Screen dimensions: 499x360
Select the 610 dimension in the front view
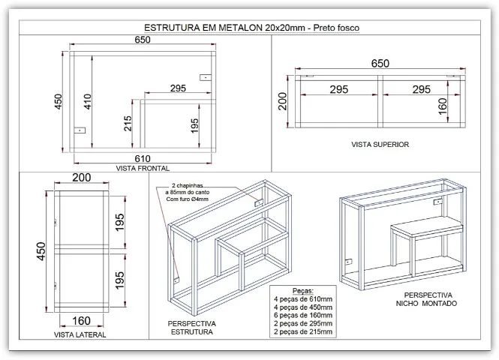(143, 158)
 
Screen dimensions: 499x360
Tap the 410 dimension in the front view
(88, 102)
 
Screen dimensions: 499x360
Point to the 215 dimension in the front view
(128, 124)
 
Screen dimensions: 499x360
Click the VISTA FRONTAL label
(143, 168)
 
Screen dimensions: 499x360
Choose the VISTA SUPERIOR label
(380, 145)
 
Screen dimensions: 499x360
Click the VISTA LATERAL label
(80, 334)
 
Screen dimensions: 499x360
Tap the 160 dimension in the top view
(443, 106)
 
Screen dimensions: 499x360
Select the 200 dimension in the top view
(282, 101)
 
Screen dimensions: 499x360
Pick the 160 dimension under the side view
(82, 321)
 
